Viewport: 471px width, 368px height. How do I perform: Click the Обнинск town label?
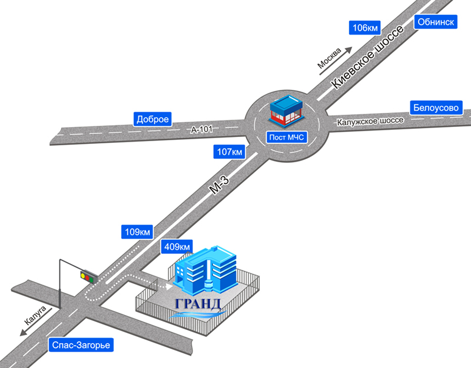[436, 22]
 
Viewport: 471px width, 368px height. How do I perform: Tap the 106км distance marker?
[364, 28]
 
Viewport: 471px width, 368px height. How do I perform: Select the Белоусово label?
[436, 108]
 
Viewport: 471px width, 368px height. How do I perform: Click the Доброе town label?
[153, 119]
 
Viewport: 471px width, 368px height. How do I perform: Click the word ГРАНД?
[198, 303]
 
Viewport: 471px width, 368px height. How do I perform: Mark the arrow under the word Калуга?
[29, 330]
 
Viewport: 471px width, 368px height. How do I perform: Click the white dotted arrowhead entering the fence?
[170, 286]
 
